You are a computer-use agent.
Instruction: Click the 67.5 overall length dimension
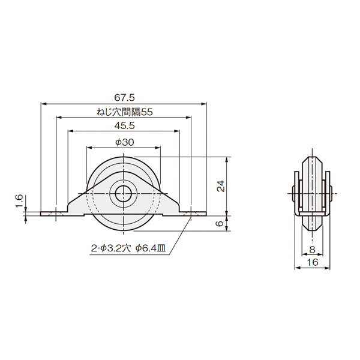tap(124, 98)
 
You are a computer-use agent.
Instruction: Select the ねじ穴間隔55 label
tap(125, 112)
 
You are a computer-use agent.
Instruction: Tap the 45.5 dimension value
tap(124, 126)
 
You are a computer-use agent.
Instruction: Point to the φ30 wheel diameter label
tap(125, 142)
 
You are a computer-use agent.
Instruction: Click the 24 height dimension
tap(221, 186)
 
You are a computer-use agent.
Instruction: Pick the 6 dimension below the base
tap(220, 223)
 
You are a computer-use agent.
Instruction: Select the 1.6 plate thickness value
tap(19, 201)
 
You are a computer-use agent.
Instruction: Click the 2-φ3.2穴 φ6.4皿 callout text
tap(128, 248)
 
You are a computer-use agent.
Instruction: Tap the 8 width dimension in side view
tap(312, 250)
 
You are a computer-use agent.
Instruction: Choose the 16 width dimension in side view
tap(313, 262)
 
